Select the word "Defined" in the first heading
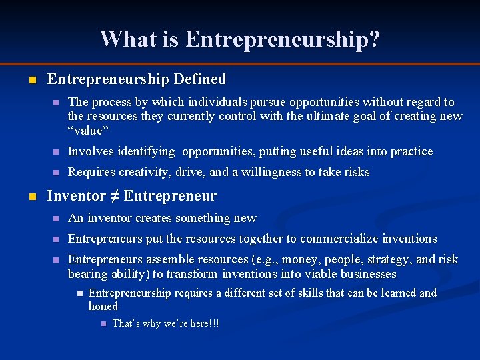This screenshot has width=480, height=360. click(x=199, y=79)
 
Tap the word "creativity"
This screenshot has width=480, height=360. click(x=145, y=172)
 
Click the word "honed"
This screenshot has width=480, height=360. click(x=103, y=306)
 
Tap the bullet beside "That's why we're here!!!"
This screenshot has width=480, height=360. click(x=103, y=324)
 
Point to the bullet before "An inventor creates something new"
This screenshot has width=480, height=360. click(x=57, y=219)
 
